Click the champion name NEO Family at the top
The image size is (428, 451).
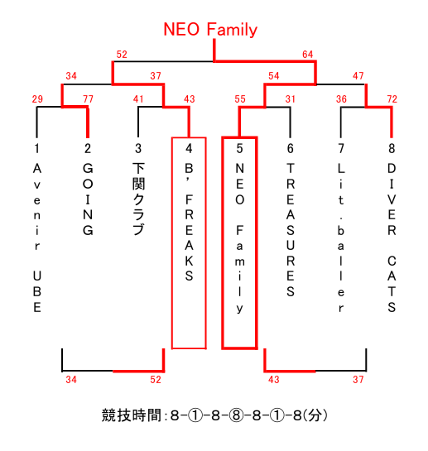[x=210, y=30]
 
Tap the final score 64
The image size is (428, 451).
[x=307, y=55]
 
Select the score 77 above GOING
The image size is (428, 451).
[x=88, y=99]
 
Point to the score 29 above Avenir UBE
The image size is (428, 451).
[x=37, y=99]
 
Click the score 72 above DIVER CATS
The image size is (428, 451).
[x=392, y=99]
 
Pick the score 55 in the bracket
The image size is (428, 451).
[x=240, y=99]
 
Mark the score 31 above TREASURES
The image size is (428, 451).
[x=291, y=99]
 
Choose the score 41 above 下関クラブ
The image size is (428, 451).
[x=138, y=99]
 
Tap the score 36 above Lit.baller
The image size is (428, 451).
[x=341, y=99]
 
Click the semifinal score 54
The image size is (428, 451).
[x=274, y=76]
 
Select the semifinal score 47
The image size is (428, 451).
[x=358, y=76]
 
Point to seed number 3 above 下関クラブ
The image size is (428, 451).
[x=138, y=148]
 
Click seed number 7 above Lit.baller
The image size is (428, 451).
[x=341, y=148]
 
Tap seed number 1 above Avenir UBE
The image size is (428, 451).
[x=37, y=148]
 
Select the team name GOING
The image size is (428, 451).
[x=88, y=199]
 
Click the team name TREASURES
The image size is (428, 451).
[x=291, y=230]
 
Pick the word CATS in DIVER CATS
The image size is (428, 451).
[x=392, y=284]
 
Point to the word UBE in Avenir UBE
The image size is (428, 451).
[x=37, y=291]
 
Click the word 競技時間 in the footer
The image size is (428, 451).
[x=132, y=415]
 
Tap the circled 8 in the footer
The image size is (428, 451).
[x=236, y=415]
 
